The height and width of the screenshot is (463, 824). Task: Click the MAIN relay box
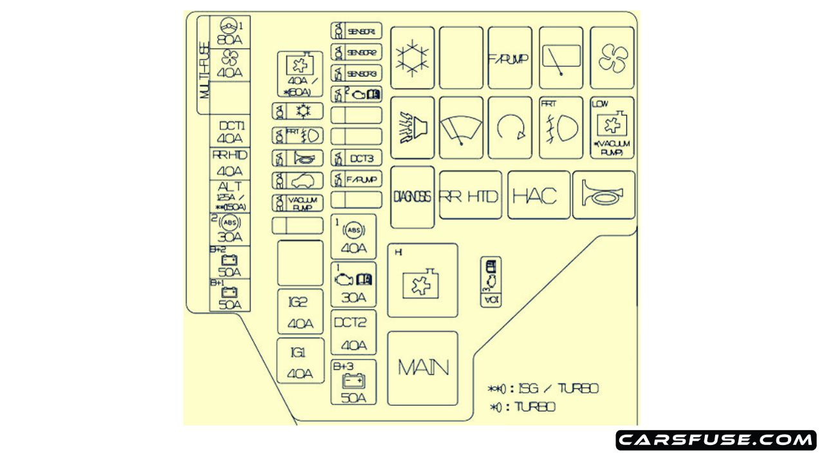[422, 368]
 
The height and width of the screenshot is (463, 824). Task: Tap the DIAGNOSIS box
[412, 197]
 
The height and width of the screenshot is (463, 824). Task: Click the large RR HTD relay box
[470, 195]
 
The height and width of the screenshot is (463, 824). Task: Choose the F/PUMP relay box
[509, 58]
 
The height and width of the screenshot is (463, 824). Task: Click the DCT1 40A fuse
[230, 132]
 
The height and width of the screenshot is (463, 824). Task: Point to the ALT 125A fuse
[230, 196]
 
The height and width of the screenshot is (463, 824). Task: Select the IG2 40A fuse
[300, 313]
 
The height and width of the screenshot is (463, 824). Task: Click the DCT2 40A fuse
[353, 333]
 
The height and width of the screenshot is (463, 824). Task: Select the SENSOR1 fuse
[357, 31]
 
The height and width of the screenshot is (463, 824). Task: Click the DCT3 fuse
[357, 158]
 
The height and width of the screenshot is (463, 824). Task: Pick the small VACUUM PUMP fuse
[297, 203]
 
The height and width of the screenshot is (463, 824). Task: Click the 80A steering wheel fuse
[230, 32]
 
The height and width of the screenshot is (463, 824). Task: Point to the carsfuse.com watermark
[716, 440]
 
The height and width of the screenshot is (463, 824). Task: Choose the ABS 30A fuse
[230, 229]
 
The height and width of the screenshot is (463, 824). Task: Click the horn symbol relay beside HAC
[603, 195]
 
